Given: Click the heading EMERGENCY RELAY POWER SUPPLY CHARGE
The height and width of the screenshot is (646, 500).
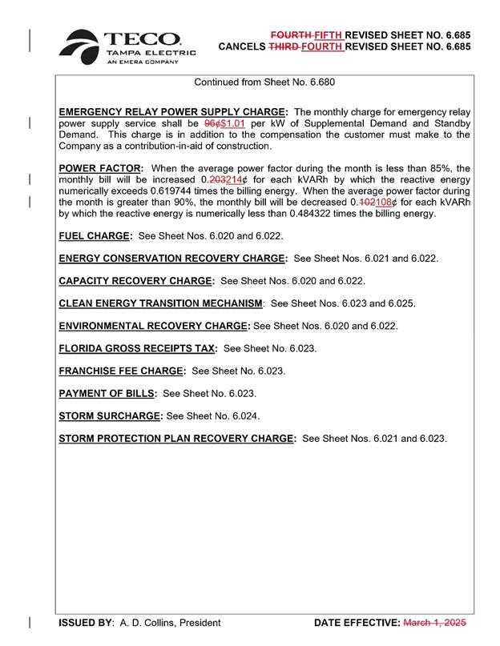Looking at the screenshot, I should (x=172, y=111).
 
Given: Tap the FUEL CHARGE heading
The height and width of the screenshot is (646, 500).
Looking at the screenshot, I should (x=95, y=237).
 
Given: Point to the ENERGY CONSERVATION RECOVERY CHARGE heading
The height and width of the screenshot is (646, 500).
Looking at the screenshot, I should (x=172, y=259).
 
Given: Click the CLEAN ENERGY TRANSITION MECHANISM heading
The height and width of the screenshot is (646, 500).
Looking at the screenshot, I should (x=160, y=303).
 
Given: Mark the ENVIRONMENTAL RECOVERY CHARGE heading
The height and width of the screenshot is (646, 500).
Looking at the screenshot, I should (x=154, y=326).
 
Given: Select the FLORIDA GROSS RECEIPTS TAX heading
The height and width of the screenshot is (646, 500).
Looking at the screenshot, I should (x=137, y=348).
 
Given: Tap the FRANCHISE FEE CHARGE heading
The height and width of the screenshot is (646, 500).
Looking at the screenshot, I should (x=122, y=371).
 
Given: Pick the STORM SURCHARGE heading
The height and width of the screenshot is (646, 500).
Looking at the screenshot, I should (x=110, y=416).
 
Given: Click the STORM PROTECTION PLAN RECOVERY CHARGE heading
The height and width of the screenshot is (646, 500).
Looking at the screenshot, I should (x=177, y=439).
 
